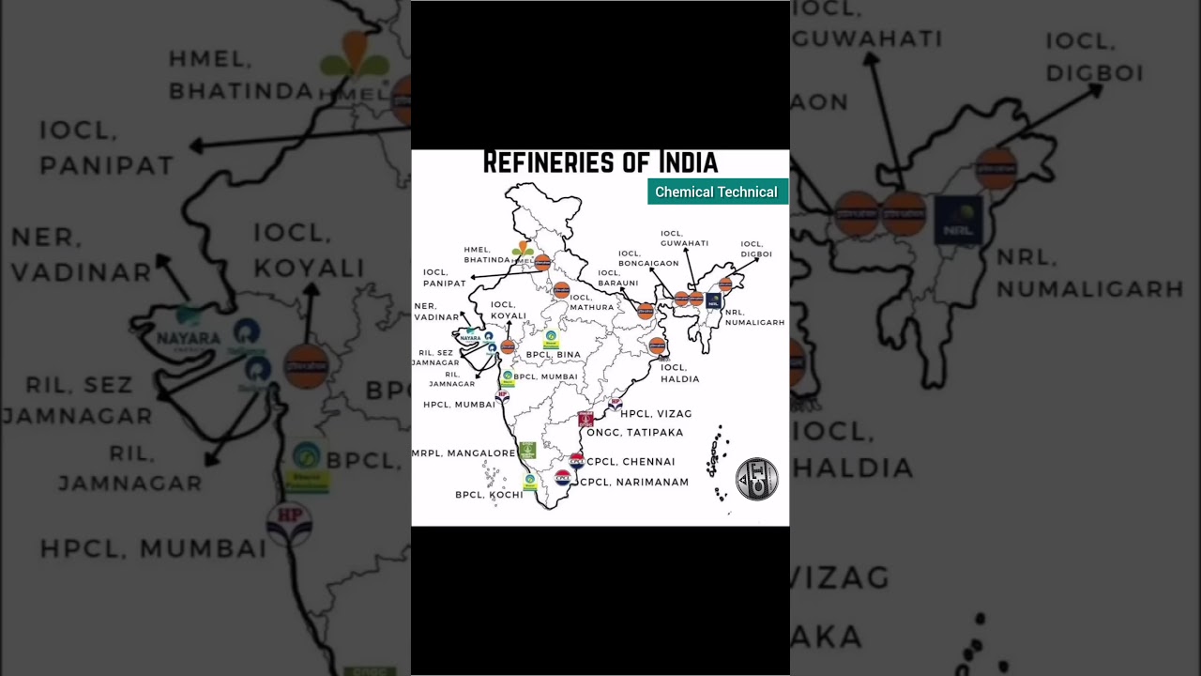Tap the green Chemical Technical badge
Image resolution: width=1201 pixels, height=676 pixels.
click(717, 192)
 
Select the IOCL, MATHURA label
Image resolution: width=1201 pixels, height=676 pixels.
click(591, 302)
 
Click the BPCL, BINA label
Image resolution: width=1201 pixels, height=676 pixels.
click(553, 355)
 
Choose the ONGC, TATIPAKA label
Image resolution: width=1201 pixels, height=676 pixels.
click(634, 433)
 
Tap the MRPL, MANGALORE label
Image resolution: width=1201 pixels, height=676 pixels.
click(464, 453)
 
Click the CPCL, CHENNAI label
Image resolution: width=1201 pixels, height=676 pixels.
click(631, 462)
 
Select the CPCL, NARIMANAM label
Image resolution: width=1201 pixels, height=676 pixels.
click(634, 483)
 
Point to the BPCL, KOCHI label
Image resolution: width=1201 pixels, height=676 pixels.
click(489, 495)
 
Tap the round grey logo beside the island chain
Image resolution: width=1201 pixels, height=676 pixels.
click(756, 479)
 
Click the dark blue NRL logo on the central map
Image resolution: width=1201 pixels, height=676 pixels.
click(713, 300)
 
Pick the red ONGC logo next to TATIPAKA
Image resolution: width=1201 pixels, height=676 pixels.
click(585, 419)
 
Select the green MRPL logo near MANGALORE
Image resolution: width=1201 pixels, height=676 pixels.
click(527, 451)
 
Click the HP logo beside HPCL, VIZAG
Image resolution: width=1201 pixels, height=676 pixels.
click(615, 404)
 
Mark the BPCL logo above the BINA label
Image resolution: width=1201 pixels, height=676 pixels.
click(551, 338)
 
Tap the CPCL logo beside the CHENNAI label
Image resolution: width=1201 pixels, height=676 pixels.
click(576, 461)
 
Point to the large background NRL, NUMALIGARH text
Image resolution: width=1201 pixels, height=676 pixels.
click(1088, 272)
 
